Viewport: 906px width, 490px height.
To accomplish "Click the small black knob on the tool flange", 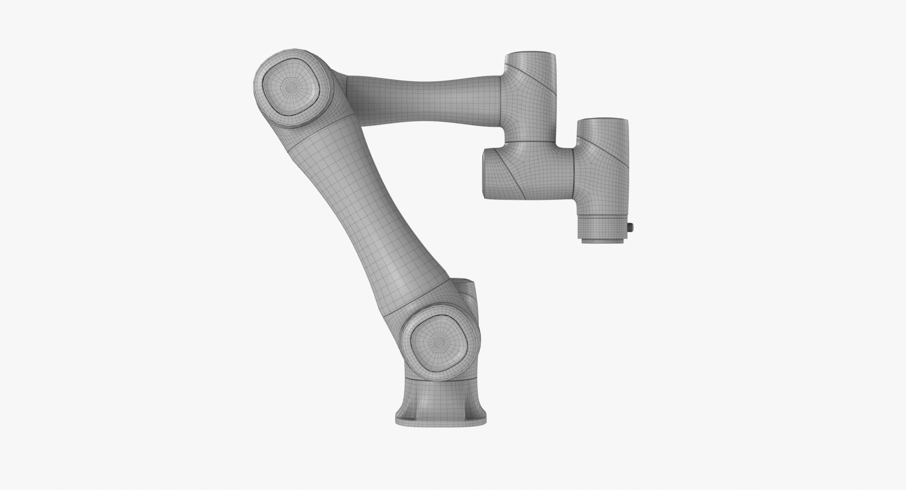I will point(632,228).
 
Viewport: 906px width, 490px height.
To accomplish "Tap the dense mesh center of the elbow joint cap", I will point(292,88).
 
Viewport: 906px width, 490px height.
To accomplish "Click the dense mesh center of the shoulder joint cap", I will point(440,339).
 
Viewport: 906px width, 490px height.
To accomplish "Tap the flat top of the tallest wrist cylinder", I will point(530,53).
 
